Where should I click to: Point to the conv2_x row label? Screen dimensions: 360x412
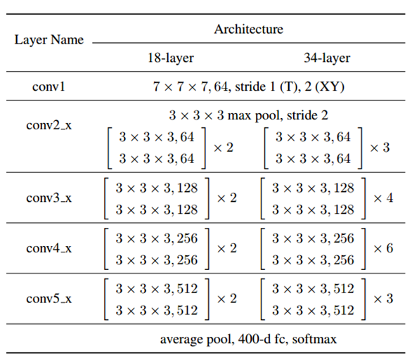click(49, 124)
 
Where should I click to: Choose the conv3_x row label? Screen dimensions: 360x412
click(49, 198)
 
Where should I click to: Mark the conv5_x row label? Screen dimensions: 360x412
click(49, 298)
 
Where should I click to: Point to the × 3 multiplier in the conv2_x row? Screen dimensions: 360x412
click(379, 147)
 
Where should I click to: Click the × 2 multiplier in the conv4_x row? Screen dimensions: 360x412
click(227, 248)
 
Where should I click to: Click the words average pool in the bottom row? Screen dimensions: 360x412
click(191, 339)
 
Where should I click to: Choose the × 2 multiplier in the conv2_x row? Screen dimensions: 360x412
click(223, 147)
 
